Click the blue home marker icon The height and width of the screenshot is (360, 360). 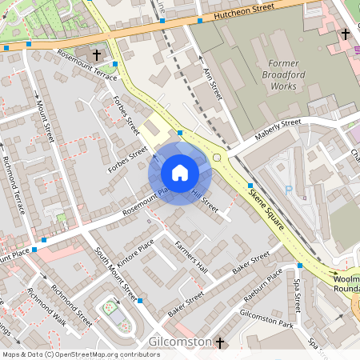click(x=180, y=172)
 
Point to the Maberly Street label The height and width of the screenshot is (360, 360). click(x=277, y=129)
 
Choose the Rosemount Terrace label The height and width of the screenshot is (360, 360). click(x=86, y=64)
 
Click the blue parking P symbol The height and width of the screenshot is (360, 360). click(x=288, y=190)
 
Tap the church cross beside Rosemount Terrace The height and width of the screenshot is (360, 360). click(x=98, y=54)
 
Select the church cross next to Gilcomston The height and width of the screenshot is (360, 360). click(x=219, y=342)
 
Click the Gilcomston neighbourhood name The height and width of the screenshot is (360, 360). click(x=180, y=342)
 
